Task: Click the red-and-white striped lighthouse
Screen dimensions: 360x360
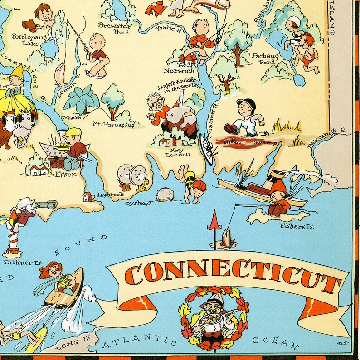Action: click(x=12, y=238)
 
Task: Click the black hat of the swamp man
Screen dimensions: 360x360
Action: click(x=246, y=104)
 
